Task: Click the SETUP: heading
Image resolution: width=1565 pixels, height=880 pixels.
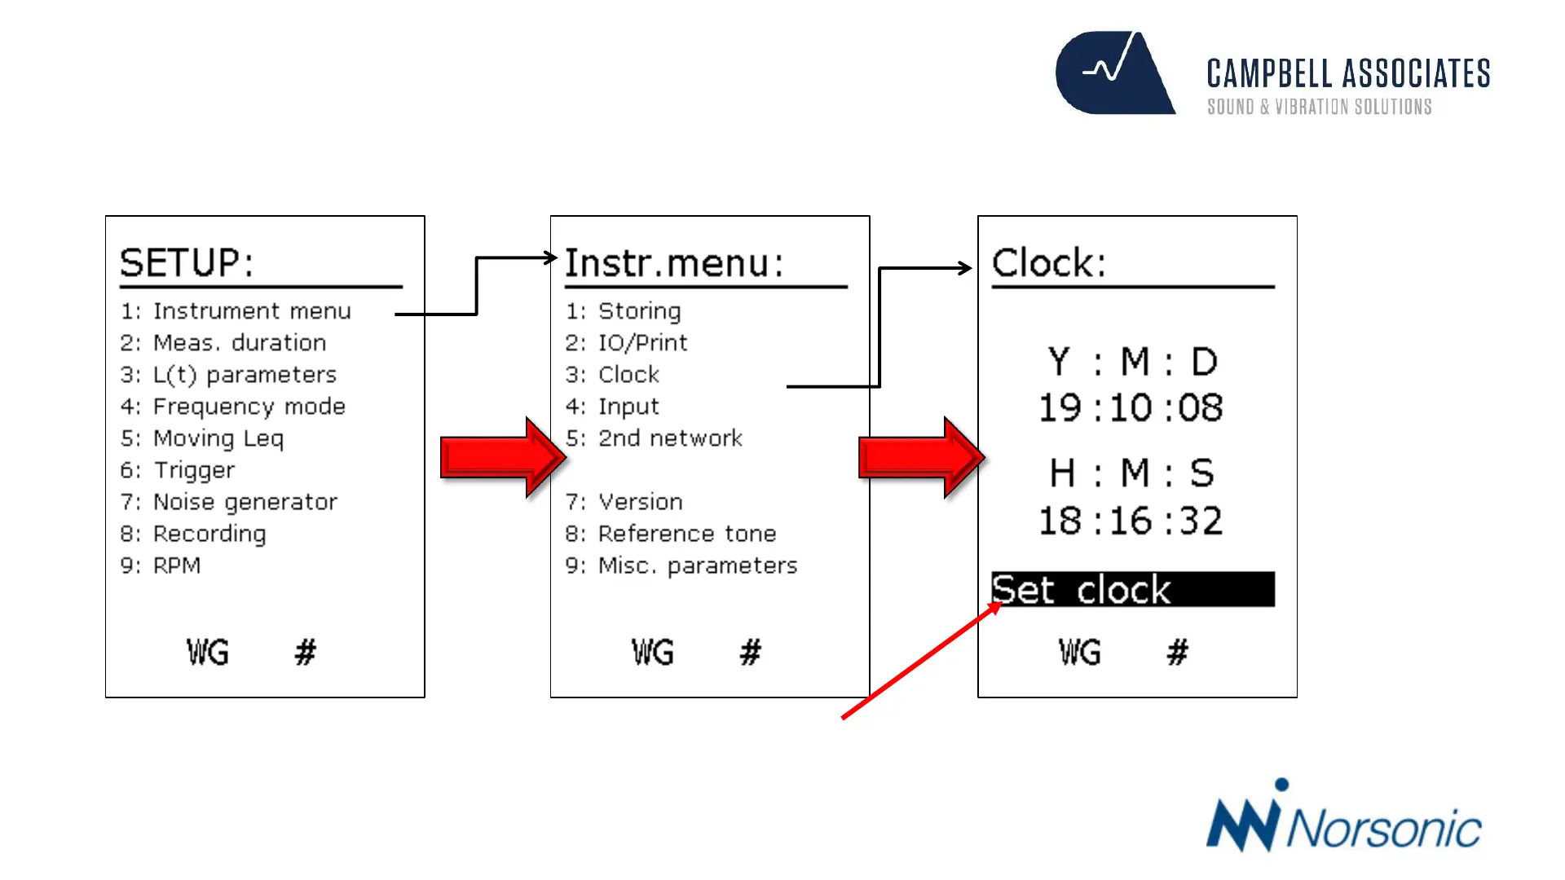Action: (x=187, y=263)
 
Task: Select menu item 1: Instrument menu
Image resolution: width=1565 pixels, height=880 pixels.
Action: (x=236, y=311)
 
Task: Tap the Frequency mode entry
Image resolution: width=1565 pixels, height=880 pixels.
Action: (x=233, y=407)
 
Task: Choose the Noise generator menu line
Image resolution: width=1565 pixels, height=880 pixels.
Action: (x=229, y=502)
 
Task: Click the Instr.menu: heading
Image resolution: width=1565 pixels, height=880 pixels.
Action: (x=674, y=263)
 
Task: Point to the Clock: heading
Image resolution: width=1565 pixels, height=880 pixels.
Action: (x=1049, y=263)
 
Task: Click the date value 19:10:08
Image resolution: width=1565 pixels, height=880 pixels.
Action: (x=1131, y=407)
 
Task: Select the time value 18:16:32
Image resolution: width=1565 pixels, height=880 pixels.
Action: (x=1131, y=521)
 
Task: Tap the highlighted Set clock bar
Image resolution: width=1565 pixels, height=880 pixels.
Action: (x=1132, y=589)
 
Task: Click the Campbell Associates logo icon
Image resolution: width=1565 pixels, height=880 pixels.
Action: (x=1115, y=73)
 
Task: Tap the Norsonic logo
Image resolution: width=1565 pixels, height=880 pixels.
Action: (x=1342, y=819)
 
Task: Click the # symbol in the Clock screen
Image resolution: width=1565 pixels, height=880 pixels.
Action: (x=1177, y=652)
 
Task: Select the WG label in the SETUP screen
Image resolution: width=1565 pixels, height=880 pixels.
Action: (x=207, y=652)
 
